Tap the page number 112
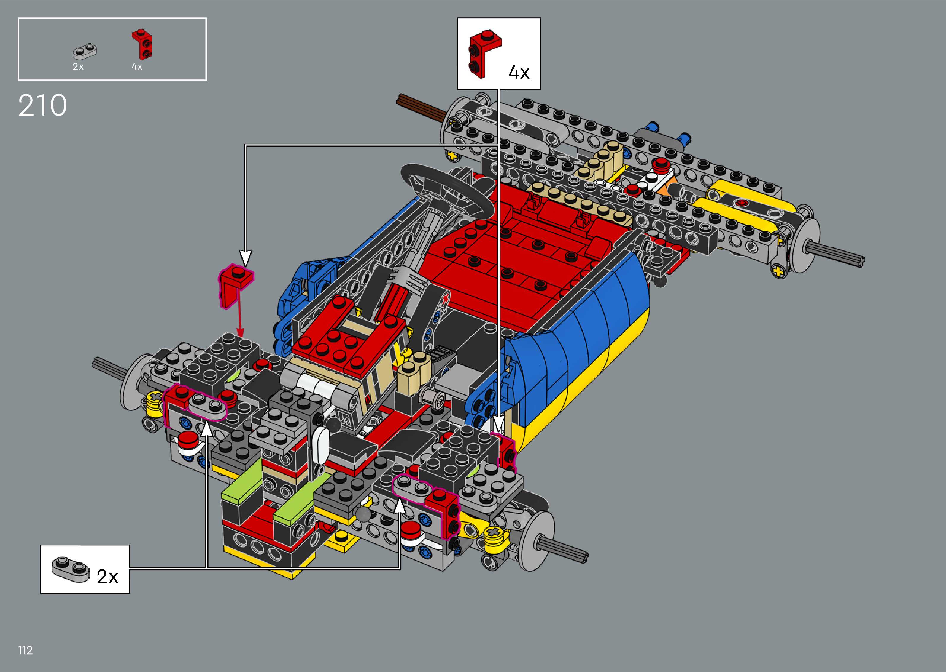(25, 650)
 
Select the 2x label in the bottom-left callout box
(107, 576)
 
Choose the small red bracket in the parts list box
(142, 44)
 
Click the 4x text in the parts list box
(137, 67)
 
